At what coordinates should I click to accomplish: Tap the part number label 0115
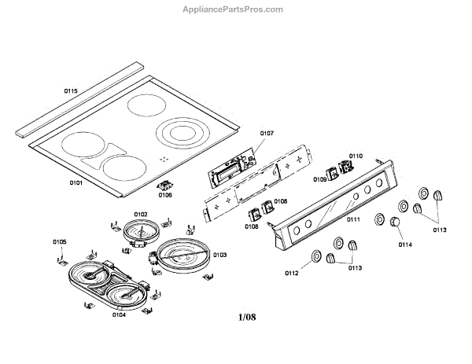(71, 91)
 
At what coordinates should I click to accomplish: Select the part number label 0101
(76, 182)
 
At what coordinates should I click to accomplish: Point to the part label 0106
(165, 195)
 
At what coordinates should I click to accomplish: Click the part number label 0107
(267, 134)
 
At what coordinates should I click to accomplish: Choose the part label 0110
(356, 156)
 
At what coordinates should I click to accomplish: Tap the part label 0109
(320, 179)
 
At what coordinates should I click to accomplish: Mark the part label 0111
(353, 219)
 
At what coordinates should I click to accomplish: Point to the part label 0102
(141, 214)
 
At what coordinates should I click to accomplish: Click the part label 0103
(219, 255)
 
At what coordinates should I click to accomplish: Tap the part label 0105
(60, 241)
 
